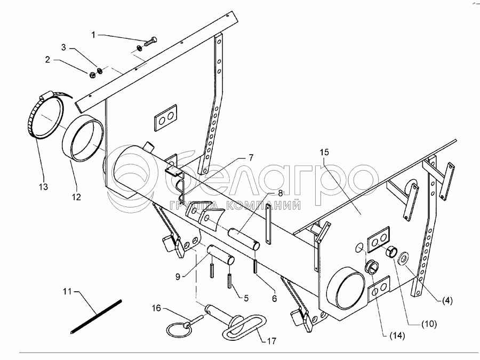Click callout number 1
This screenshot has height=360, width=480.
93,35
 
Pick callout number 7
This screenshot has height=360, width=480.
250,157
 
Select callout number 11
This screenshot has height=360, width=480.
67,291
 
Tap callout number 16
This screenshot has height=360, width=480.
156,308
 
